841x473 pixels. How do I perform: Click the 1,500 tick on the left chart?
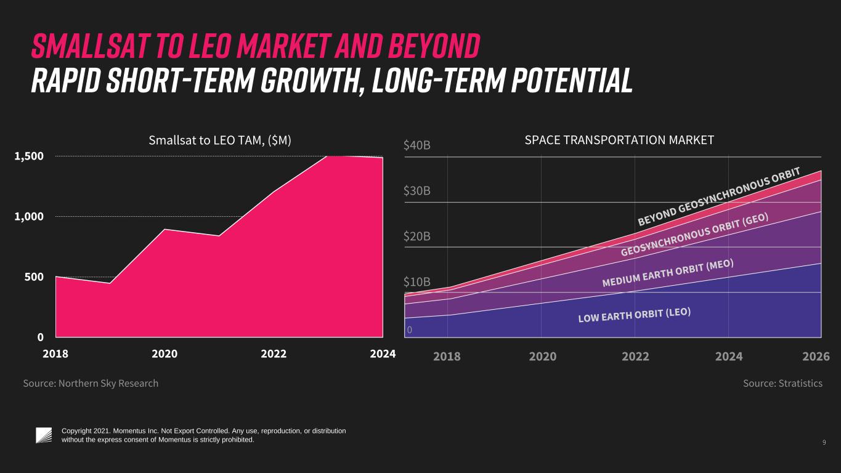(29, 156)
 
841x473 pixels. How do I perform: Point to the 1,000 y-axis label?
(29, 217)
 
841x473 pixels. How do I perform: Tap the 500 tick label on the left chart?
(34, 277)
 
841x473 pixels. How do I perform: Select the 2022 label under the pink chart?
(274, 354)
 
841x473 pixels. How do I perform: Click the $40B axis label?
(416, 145)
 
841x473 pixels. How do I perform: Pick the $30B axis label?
(416, 191)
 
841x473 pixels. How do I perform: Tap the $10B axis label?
(416, 282)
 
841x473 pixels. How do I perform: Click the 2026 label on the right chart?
(816, 356)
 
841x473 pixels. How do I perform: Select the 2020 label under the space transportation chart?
(543, 356)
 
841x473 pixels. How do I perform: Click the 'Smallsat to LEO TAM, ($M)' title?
(219, 140)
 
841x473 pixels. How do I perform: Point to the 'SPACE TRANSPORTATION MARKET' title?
(619, 140)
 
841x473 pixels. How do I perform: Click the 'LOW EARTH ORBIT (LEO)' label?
(635, 315)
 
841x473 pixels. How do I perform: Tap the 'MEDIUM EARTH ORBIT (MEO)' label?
(668, 273)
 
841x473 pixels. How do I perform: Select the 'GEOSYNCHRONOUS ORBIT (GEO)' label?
(694, 235)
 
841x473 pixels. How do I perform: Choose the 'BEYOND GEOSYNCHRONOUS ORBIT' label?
(719, 196)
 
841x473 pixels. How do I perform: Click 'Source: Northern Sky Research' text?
(91, 383)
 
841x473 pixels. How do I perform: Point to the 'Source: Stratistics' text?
(783, 383)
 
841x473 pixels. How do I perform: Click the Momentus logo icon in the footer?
(44, 435)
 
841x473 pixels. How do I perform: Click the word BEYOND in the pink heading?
(434, 46)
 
